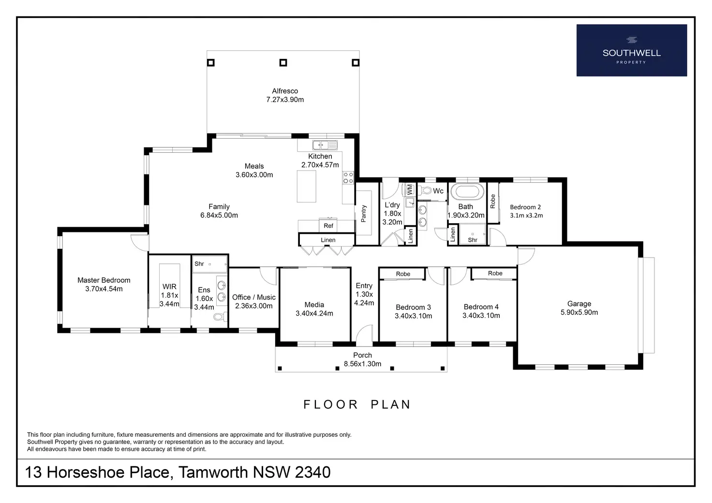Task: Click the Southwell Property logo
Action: point(632,50)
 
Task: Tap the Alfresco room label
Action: point(285,91)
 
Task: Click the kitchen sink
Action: point(325,145)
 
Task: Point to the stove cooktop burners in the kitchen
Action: point(348,178)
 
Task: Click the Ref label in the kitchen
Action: point(328,226)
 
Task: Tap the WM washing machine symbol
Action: point(409,189)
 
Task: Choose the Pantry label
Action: point(364,213)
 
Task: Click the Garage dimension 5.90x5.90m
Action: point(579,312)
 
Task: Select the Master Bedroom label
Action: point(104,280)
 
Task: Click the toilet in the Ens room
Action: point(220,316)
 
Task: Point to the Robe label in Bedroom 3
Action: point(403,274)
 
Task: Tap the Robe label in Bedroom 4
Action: point(495,273)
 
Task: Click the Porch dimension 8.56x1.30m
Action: point(362,364)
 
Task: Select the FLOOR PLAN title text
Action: point(357,404)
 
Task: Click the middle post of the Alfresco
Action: point(283,62)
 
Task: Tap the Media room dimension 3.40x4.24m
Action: point(314,314)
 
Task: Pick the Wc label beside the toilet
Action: point(438,191)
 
